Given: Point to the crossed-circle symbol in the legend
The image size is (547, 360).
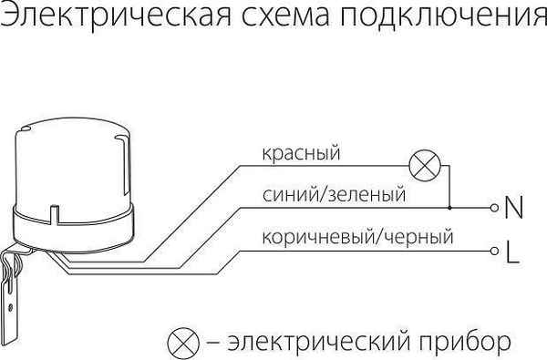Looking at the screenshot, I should tap(182, 342).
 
